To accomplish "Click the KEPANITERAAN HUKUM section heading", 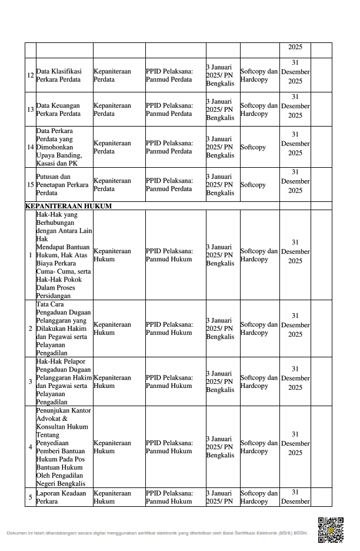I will [68, 207].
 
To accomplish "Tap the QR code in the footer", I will [330, 529].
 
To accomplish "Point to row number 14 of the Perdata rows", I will [30, 147].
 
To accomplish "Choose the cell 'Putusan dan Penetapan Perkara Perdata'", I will [62, 184].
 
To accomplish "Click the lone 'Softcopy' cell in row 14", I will [253, 147].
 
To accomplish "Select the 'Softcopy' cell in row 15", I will [253, 184].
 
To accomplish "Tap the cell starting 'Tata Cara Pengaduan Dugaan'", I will [64, 328].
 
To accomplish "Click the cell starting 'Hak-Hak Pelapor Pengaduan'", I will [64, 381].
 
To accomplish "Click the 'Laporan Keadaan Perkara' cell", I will [61, 497].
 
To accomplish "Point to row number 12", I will [30, 75].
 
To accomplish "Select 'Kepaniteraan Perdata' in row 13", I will [112, 109].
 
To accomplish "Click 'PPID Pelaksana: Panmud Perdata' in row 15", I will [169, 184].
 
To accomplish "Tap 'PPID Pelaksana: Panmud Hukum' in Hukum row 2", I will [169, 328].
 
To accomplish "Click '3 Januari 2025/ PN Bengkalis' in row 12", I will [220, 75].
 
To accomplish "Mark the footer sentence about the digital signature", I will [157, 533].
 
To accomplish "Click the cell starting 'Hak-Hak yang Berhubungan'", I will [64, 255].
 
